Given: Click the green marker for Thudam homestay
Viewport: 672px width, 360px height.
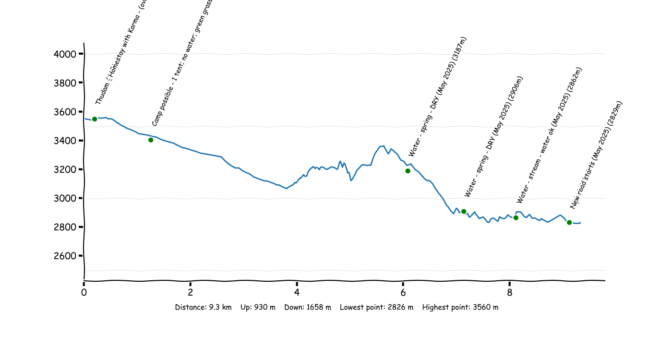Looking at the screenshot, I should click(x=95, y=119).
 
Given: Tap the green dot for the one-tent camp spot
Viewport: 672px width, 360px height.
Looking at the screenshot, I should click(x=151, y=140).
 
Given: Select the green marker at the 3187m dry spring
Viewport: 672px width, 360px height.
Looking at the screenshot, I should click(x=408, y=171).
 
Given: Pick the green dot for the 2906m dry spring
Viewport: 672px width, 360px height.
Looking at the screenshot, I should click(x=464, y=211).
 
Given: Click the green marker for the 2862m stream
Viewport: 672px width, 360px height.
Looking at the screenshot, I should click(x=516, y=218).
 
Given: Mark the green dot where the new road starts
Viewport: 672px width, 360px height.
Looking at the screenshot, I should click(x=569, y=222).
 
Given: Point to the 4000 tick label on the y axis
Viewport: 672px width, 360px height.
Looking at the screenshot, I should click(x=65, y=54).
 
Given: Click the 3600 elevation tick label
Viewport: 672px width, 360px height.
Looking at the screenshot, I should click(x=65, y=112).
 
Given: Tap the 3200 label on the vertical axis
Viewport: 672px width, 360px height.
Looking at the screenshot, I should click(x=65, y=169).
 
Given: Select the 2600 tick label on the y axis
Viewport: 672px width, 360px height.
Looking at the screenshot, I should click(x=65, y=256).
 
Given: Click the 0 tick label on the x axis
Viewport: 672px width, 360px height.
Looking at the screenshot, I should click(x=84, y=292).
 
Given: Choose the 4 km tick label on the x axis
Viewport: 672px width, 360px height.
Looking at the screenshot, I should click(x=297, y=292).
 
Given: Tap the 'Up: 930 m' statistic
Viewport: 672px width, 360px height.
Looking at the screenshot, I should click(x=258, y=307).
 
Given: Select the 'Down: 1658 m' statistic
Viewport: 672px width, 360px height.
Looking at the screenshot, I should click(x=308, y=307).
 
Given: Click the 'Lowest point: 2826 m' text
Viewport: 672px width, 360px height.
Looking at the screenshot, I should click(x=376, y=307).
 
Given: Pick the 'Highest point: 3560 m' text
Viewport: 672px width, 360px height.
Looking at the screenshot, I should click(x=460, y=307).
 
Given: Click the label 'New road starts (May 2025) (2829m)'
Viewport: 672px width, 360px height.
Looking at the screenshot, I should click(x=596, y=155).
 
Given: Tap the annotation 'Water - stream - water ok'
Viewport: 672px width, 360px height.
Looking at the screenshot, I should click(x=549, y=135).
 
